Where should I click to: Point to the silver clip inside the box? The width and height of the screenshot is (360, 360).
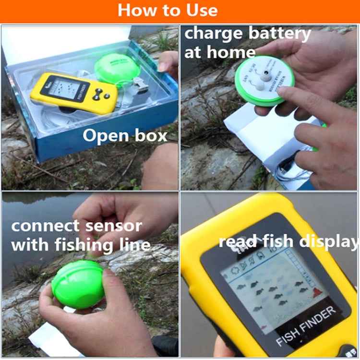click(139, 85)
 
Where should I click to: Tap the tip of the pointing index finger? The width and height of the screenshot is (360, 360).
click(287, 96)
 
